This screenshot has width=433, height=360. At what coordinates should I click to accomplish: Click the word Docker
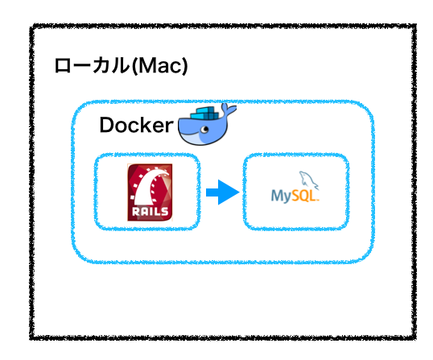tap(136, 125)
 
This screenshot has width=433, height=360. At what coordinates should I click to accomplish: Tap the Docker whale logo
tap(207, 124)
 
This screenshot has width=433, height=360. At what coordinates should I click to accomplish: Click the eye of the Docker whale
tap(205, 129)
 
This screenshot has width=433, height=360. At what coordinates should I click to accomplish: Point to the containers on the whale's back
tap(206, 114)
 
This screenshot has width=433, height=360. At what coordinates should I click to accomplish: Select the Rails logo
tap(150, 192)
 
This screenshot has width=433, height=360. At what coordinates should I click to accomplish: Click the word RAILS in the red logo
tap(150, 212)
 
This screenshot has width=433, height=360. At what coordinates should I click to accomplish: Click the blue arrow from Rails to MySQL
tap(223, 192)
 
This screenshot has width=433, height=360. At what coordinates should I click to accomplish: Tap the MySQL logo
tap(295, 187)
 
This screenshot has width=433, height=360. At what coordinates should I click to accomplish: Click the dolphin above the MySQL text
tap(309, 180)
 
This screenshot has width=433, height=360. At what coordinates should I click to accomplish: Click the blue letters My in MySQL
tap(281, 197)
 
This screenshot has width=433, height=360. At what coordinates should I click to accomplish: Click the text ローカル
tap(92, 66)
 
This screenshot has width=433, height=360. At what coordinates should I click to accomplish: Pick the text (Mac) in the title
tap(159, 66)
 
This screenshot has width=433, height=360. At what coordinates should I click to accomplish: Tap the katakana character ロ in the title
tap(63, 66)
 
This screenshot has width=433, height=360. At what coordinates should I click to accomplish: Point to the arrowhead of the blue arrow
tap(229, 192)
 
